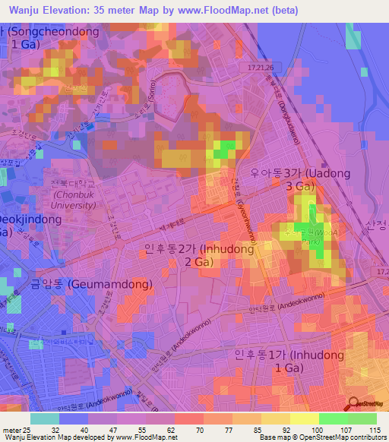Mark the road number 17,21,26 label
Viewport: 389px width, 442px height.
click(x=259, y=68)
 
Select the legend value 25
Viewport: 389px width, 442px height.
click(x=25, y=429)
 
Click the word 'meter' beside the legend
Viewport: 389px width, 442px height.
click(x=9, y=429)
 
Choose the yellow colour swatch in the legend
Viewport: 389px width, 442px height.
click(x=305, y=418)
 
